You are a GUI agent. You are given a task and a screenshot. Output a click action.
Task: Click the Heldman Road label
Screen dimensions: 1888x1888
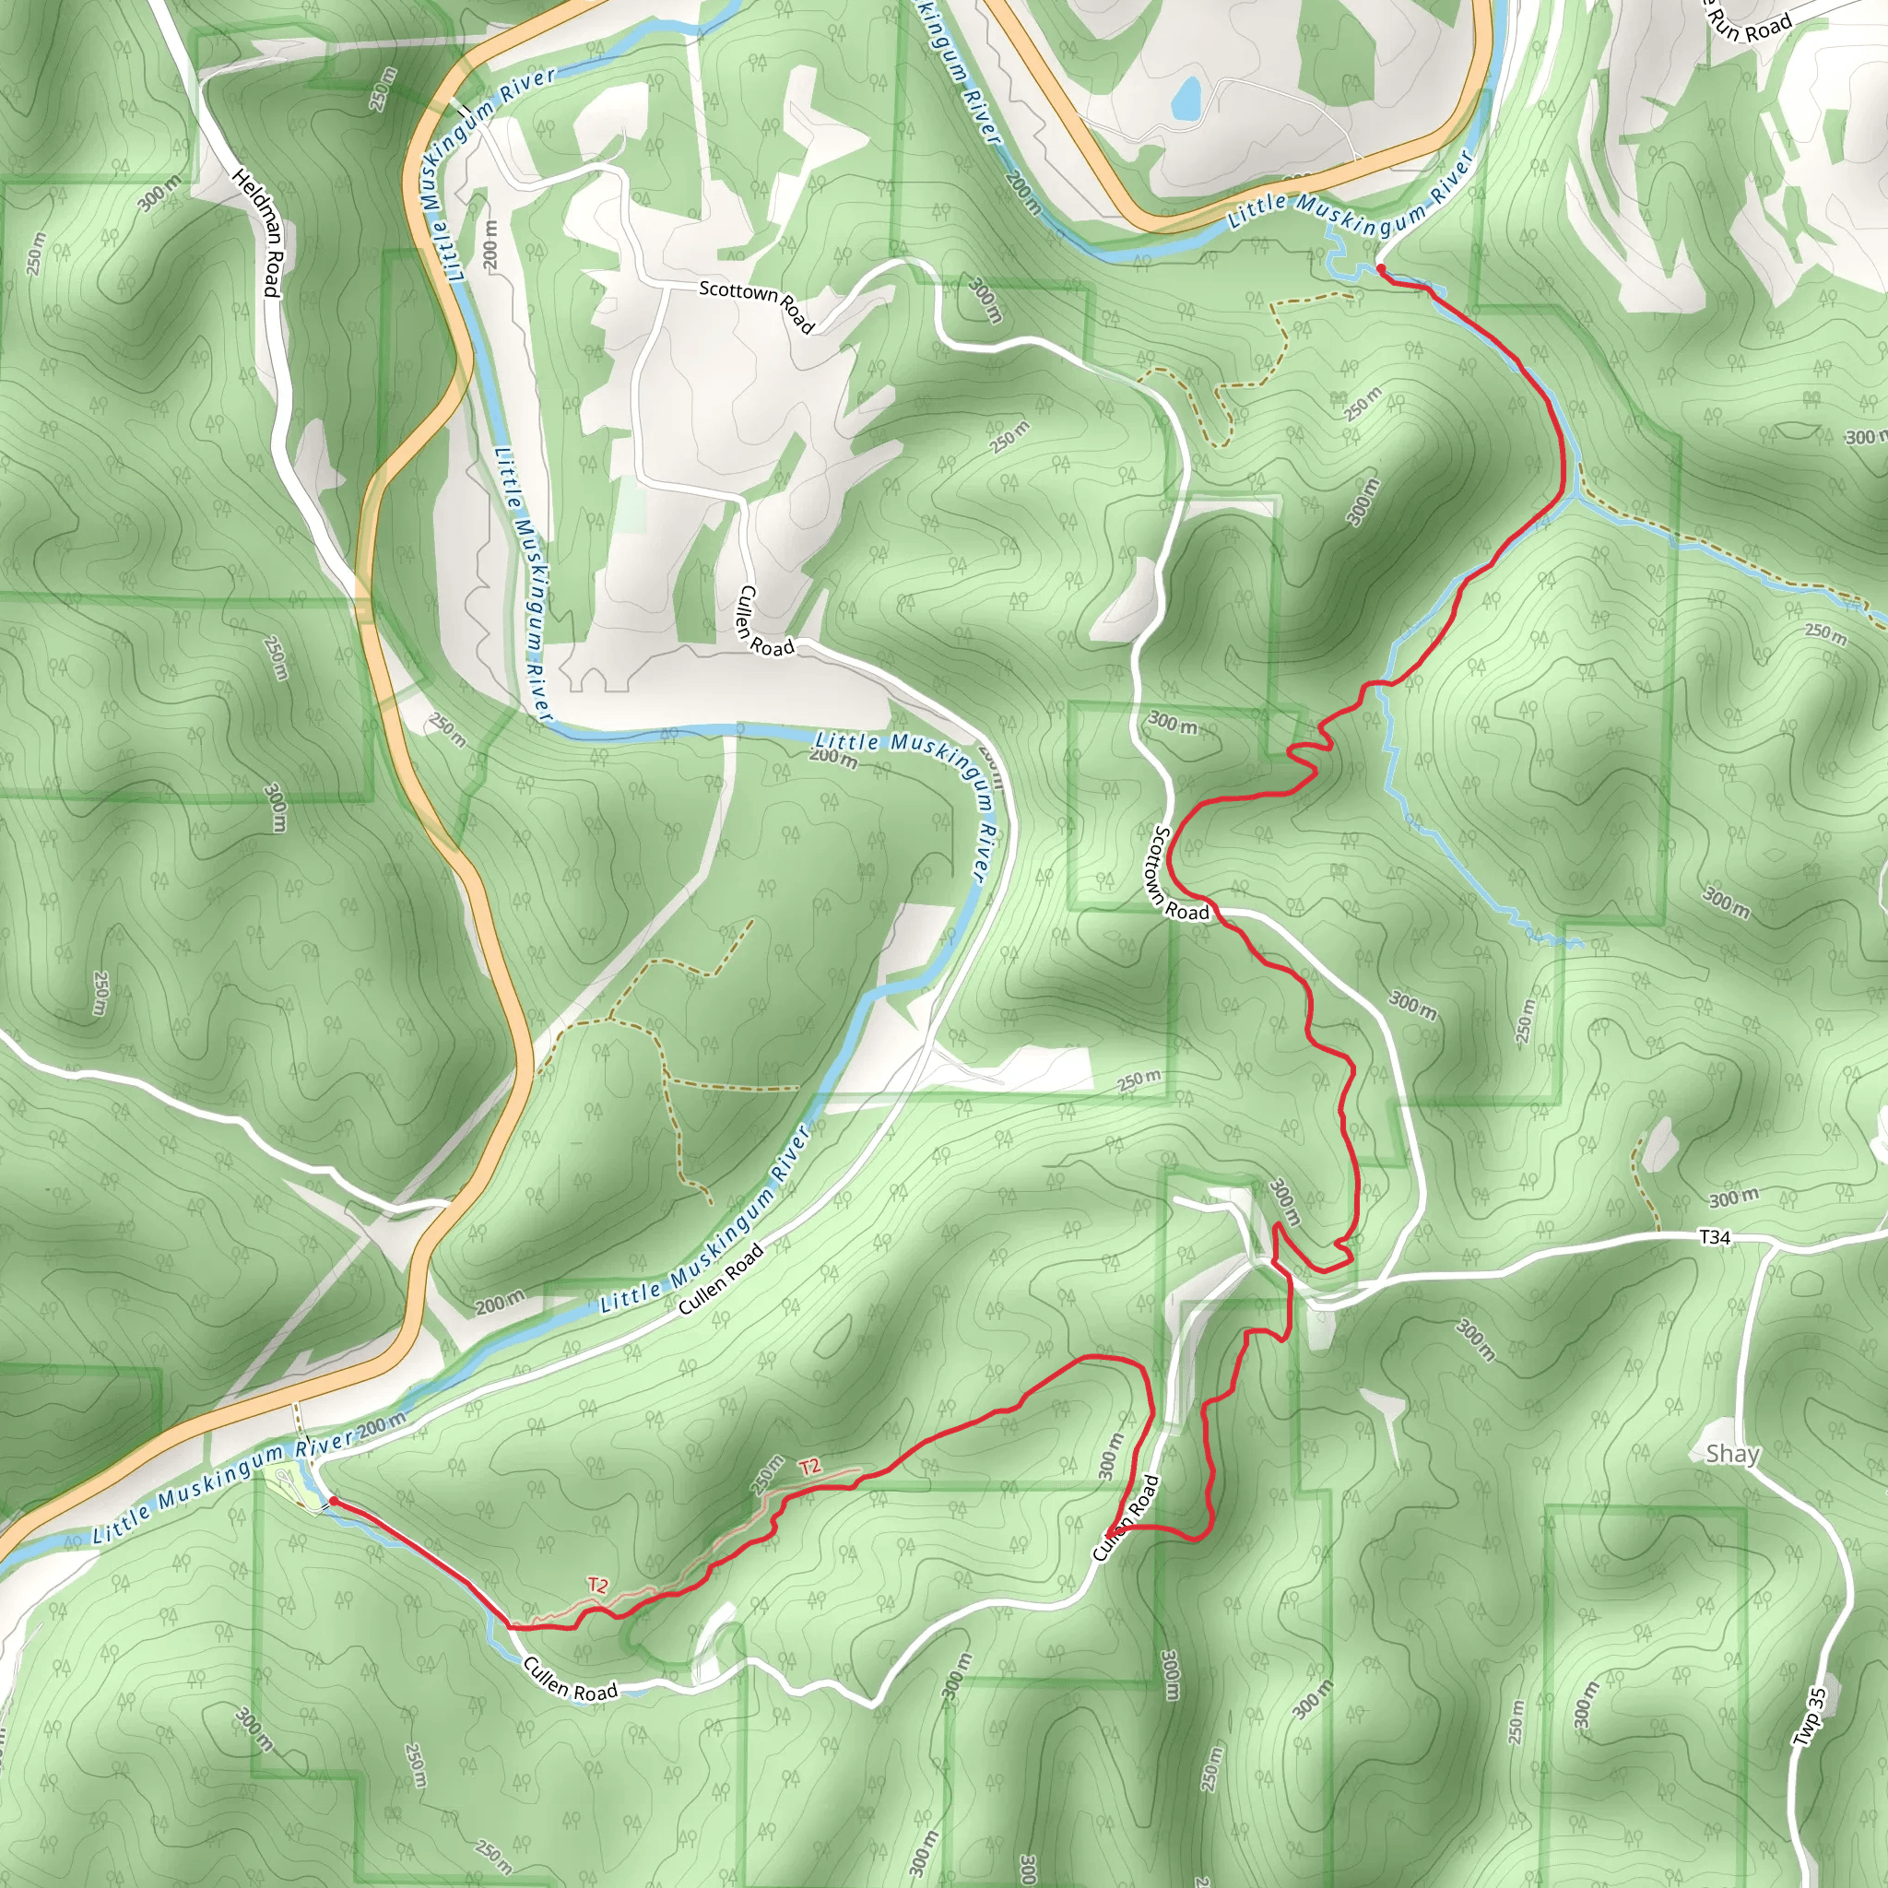pyautogui.click(x=257, y=232)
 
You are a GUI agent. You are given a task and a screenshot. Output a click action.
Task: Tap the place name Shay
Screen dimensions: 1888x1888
pyautogui.click(x=1731, y=1454)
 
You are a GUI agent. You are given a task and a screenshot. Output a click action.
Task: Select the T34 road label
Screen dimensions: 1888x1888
pyautogui.click(x=1715, y=1237)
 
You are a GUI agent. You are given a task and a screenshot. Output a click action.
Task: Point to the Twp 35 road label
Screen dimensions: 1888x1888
pyautogui.click(x=1809, y=1717)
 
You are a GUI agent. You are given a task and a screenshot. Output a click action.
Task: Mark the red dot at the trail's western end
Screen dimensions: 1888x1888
pyautogui.click(x=333, y=1500)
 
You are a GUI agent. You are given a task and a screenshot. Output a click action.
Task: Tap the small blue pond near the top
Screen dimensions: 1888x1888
pyautogui.click(x=1186, y=98)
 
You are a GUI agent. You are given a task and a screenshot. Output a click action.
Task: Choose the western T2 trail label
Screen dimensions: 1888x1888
pyautogui.click(x=598, y=1585)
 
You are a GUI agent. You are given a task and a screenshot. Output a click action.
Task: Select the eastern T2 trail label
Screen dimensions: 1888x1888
pyautogui.click(x=809, y=1467)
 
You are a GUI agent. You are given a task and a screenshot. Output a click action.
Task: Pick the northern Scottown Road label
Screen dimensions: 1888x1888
pyautogui.click(x=756, y=303)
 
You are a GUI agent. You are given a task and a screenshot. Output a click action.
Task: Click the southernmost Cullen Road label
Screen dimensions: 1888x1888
pyautogui.click(x=571, y=1679)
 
